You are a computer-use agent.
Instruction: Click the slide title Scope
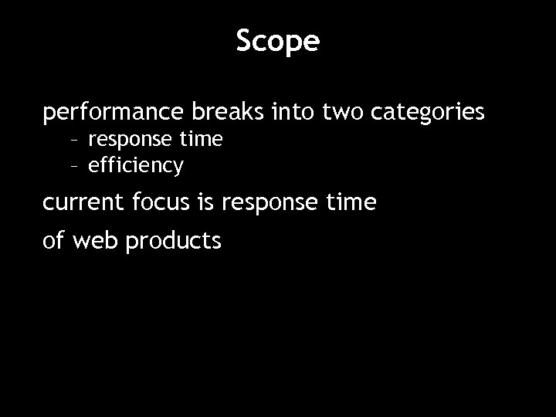pyautogui.click(x=277, y=42)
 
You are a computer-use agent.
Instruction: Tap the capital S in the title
pyautogui.click(x=244, y=40)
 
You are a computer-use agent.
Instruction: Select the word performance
pyautogui.click(x=111, y=114)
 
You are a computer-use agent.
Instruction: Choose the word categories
pyautogui.click(x=428, y=114)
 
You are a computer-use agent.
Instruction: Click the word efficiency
pyautogui.click(x=136, y=166)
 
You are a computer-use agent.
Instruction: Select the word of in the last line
pyautogui.click(x=54, y=241)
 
